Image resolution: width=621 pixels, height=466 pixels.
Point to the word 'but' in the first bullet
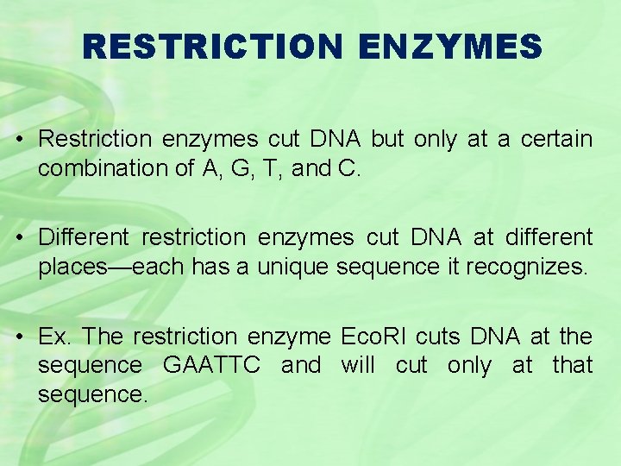[390, 139]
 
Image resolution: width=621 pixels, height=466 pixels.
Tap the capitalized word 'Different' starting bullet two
[84, 237]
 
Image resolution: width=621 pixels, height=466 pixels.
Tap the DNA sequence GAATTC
[211, 365]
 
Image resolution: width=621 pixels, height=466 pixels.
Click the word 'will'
[358, 365]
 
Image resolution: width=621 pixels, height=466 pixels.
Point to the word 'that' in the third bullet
[572, 365]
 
